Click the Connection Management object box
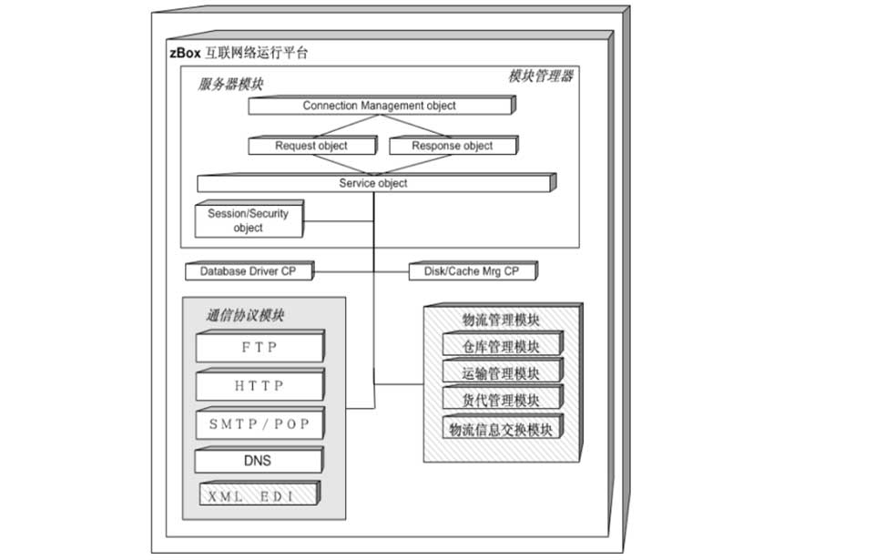382,105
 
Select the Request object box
312,145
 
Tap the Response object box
453,145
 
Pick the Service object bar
376,182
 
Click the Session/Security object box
250,219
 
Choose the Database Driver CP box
250,270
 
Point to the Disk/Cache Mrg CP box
474,270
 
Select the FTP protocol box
260,346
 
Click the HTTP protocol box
260,385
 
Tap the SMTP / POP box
260,423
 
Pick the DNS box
259,460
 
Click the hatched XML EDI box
260,494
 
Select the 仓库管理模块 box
503,343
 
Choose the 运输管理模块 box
503,371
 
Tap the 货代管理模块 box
503,397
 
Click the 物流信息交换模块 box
503,427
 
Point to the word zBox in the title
186,53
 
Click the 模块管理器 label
541,76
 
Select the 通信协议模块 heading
245,315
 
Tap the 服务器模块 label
230,84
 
